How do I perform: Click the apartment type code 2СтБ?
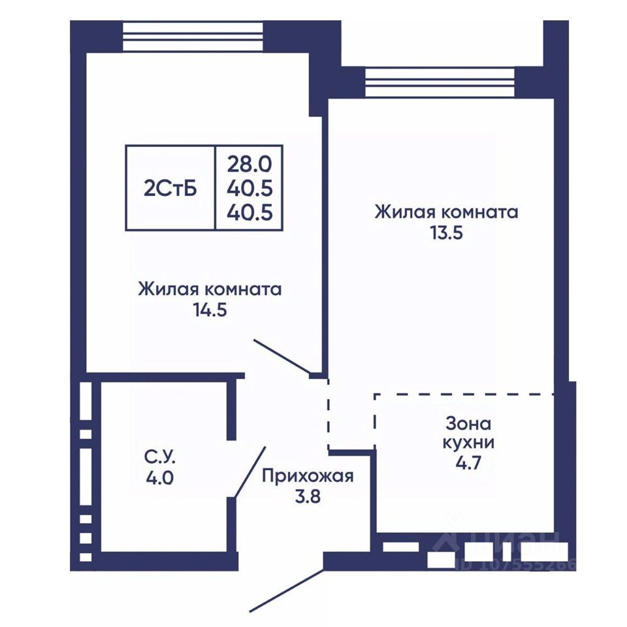pyautogui.click(x=170, y=189)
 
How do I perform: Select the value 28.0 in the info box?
pyautogui.click(x=249, y=164)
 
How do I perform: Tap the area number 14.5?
pyautogui.click(x=210, y=310)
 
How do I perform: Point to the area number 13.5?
pyautogui.click(x=446, y=233)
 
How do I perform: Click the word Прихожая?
pyautogui.click(x=308, y=477)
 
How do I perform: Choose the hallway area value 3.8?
pyautogui.click(x=308, y=496)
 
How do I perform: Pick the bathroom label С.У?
pyautogui.click(x=160, y=457)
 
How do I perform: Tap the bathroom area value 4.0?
pyautogui.click(x=159, y=478)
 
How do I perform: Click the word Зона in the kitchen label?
pyautogui.click(x=468, y=424)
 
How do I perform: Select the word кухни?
pyautogui.click(x=468, y=443)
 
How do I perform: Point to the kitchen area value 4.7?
pyautogui.click(x=468, y=463)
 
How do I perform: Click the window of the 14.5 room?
pyautogui.click(x=193, y=37)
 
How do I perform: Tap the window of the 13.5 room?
pyautogui.click(x=440, y=82)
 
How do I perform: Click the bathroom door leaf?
pyautogui.click(x=250, y=472)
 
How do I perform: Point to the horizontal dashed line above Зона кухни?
pyautogui.click(x=464, y=394)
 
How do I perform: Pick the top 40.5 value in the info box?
pyautogui.click(x=249, y=188)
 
